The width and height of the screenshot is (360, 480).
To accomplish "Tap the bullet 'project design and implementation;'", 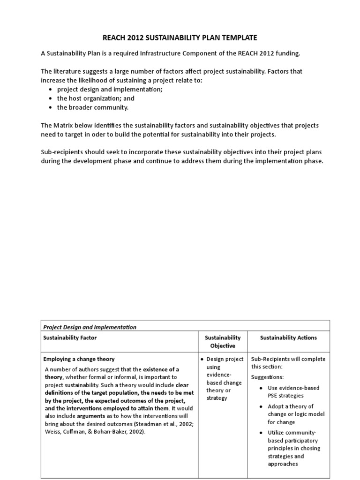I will [110, 89].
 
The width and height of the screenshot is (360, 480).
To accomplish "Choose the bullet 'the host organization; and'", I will [96, 98].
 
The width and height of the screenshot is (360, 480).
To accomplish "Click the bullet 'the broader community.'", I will [92, 107].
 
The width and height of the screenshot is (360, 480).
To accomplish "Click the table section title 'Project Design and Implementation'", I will [90, 327].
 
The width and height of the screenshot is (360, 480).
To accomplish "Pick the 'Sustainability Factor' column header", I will [70, 337].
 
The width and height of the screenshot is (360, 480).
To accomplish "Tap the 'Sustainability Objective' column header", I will [223, 342].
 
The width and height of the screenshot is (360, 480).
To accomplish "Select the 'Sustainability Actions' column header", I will [288, 337].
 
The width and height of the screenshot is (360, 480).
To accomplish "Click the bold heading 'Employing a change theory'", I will [79, 359].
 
